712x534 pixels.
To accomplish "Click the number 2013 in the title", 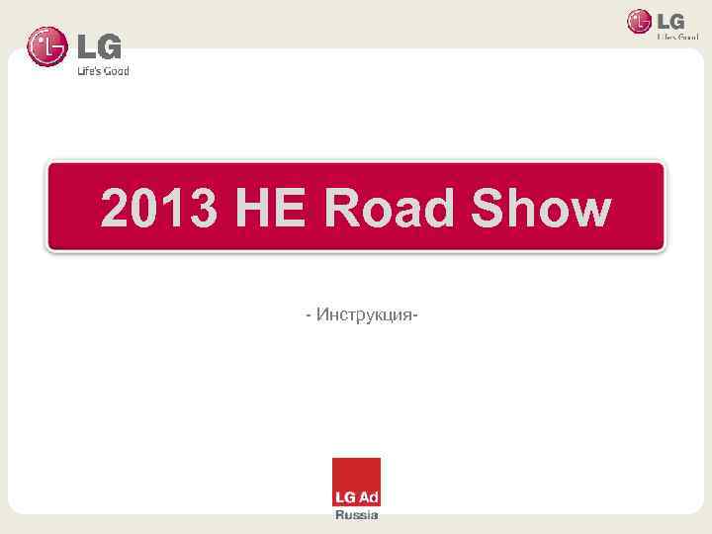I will tap(159, 211).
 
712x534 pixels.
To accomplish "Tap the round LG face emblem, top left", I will tap(47, 46).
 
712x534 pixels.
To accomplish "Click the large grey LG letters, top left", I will tap(99, 45).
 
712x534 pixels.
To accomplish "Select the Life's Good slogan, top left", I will tap(103, 71).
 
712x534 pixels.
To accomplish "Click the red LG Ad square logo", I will tap(356, 483).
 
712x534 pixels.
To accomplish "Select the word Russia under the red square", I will tap(356, 516).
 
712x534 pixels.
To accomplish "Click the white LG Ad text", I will tap(356, 494).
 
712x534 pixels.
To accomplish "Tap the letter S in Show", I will tap(490, 211).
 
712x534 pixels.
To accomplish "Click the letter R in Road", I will tap(343, 211).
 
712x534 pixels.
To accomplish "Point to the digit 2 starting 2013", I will tap(116, 211).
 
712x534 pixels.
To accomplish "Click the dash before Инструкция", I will tap(309, 315).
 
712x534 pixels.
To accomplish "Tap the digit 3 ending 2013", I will tap(203, 211).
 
